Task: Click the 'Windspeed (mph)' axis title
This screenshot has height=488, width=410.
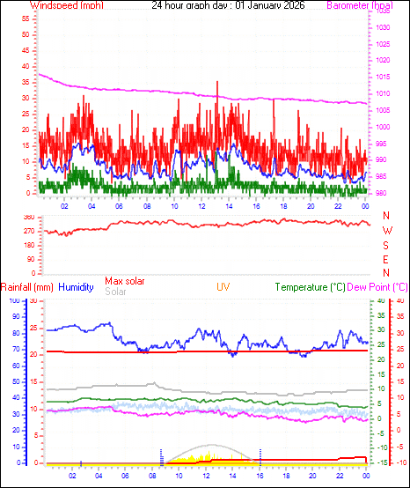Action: [67, 5]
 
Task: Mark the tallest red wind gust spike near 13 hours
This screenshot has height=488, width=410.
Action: [217, 83]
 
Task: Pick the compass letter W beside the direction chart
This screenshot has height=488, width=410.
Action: [386, 231]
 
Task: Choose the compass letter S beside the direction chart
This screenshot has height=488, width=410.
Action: [386, 245]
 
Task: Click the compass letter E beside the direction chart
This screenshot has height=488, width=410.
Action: [386, 259]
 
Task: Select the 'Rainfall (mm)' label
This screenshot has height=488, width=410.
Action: [27, 286]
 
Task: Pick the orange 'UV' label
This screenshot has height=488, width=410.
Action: [223, 286]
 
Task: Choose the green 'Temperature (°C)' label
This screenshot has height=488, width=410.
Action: [311, 286]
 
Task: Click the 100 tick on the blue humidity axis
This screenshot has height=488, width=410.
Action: [14, 300]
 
